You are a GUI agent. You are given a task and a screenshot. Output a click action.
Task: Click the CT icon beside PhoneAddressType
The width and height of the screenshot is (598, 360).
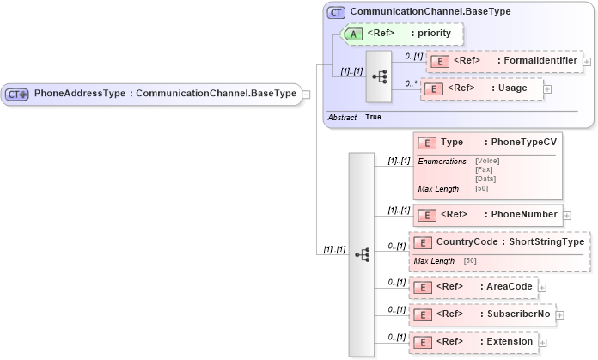point(18,93)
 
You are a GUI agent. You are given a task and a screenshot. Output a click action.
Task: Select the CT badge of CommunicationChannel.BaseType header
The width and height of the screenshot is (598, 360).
point(337,13)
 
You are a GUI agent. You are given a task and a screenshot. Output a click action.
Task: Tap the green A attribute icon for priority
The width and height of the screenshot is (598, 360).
point(353,34)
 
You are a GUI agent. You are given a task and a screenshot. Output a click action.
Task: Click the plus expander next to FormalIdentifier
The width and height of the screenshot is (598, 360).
point(587,61)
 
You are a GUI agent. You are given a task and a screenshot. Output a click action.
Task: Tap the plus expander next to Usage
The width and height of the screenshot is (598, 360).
point(547,88)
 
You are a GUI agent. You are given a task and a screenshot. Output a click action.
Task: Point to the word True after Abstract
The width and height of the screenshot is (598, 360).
point(374,117)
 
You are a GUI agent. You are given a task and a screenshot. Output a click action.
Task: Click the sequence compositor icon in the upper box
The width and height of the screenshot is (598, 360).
point(379,76)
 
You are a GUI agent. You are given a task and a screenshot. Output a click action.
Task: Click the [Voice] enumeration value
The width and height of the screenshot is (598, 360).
point(487,161)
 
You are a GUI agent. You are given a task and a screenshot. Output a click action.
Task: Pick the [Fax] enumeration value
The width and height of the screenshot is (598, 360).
point(484,170)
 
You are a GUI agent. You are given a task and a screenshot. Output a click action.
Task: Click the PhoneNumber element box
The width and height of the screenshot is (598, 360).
point(486,214)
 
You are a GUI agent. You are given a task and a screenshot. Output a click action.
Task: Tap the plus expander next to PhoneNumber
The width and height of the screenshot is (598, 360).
point(566,214)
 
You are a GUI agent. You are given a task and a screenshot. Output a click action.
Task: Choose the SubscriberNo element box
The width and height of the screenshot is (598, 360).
point(481,314)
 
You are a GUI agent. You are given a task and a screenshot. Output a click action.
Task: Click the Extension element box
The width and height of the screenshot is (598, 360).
point(475,341)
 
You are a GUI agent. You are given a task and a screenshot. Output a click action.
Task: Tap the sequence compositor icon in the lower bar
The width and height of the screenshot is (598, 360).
point(362,254)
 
